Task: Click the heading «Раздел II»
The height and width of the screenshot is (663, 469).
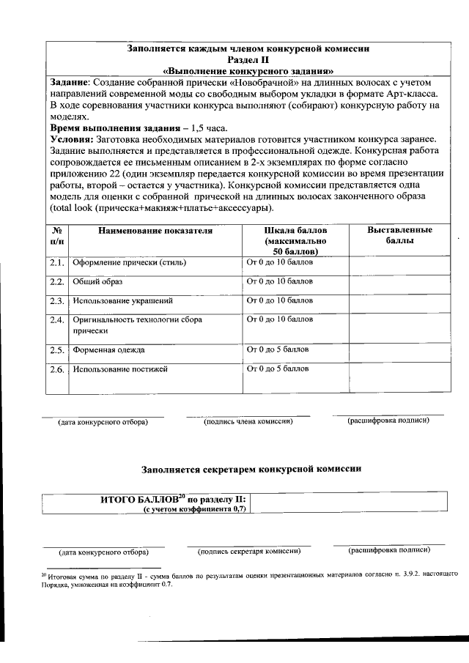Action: (x=248, y=60)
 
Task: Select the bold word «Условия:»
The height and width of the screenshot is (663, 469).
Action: (x=72, y=139)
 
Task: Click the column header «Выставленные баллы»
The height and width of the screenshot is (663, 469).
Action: (x=399, y=235)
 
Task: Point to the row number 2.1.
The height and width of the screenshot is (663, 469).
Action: (x=57, y=262)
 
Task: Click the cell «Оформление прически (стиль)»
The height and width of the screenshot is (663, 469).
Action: (x=128, y=262)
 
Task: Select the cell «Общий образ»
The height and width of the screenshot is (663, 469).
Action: (x=97, y=282)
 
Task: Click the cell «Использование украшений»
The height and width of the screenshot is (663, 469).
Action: (x=122, y=301)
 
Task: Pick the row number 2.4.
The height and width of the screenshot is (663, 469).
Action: (x=57, y=320)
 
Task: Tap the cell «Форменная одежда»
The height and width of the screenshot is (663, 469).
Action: (x=108, y=349)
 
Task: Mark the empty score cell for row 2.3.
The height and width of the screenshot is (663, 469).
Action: (x=398, y=301)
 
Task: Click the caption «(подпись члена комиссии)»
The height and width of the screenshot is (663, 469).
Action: (x=248, y=421)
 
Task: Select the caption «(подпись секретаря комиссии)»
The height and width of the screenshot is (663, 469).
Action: (x=249, y=551)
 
